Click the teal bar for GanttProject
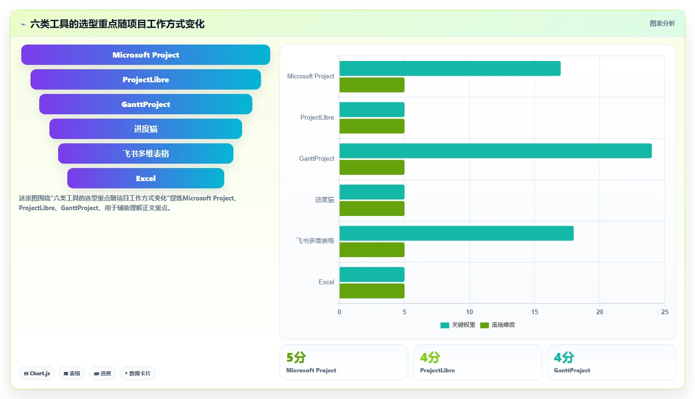coord(495,151)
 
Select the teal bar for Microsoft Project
coord(450,68)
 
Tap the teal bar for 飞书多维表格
coord(456,233)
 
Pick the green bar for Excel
coord(371,291)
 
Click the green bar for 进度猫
coord(371,209)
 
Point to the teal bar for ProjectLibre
coord(371,109)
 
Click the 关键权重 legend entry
coord(458,325)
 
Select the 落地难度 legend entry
coord(497,325)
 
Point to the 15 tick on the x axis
coord(534,312)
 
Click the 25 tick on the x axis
coord(664,312)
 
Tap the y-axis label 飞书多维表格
coord(315,241)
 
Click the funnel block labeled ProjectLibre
coord(145,79)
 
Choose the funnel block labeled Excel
coord(145,178)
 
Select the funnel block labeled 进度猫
coord(145,129)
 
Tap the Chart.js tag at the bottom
coord(37,373)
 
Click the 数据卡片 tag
coord(138,373)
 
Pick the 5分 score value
coord(296,357)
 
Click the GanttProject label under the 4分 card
coord(572,370)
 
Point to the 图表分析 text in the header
coord(662,24)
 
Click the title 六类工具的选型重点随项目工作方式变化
coord(117,24)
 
